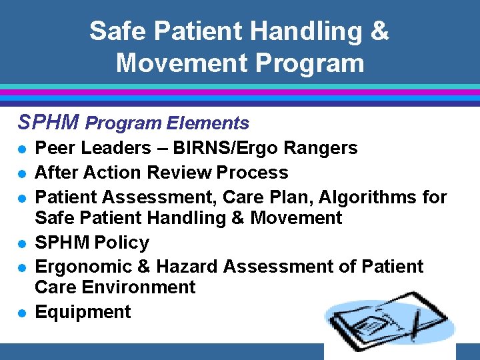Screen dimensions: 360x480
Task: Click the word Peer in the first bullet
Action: tap(52, 148)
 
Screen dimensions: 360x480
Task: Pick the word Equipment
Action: tap(83, 312)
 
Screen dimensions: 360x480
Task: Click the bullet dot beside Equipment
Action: tap(22, 313)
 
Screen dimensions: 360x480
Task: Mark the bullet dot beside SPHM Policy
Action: tap(22, 243)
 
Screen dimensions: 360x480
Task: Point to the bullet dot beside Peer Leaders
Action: tap(22, 149)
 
